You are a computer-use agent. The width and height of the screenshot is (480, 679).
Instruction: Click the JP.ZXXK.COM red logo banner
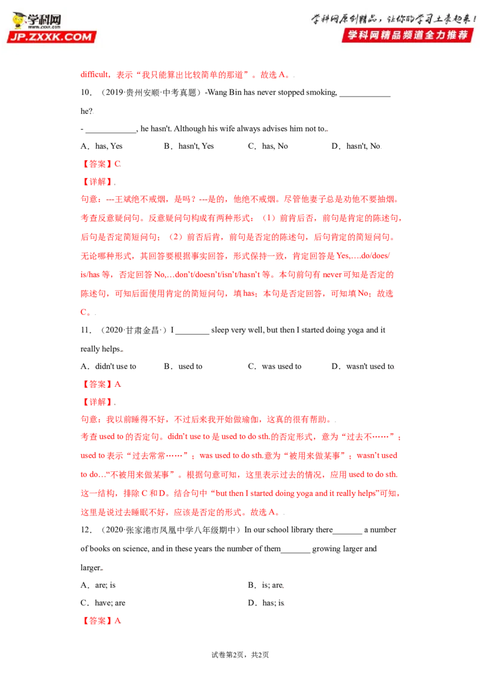pos(51,37)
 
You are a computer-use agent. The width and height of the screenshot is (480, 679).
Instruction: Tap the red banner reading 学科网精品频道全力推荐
pos(407,35)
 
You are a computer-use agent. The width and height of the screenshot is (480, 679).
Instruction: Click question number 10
pos(86,92)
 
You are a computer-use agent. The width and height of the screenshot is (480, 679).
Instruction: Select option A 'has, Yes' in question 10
pos(101,146)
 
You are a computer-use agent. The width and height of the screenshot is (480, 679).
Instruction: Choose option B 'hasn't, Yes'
pos(189,146)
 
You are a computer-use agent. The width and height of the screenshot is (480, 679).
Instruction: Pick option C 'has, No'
pos(268,146)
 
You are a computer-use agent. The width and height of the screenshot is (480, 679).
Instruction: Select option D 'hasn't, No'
pos(356,146)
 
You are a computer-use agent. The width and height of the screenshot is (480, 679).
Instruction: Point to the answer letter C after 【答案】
pos(118,164)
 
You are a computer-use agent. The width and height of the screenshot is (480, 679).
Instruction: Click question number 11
pos(86,330)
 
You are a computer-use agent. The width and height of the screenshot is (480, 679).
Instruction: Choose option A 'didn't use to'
pos(109,366)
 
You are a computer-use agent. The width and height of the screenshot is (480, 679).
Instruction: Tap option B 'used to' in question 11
pos(183,366)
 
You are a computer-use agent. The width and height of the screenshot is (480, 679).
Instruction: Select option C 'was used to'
pos(275,366)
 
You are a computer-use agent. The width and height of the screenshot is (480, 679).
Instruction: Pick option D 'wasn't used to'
pos(363,366)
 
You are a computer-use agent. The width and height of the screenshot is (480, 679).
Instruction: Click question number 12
pos(86,530)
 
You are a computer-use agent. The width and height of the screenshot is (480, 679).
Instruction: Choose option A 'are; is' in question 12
pos(98,585)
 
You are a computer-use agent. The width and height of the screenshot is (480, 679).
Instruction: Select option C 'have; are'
pos(103,603)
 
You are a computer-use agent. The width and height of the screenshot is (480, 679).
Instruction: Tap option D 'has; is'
pos(266,603)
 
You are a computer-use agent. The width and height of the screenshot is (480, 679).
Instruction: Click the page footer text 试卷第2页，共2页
pos(240,655)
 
